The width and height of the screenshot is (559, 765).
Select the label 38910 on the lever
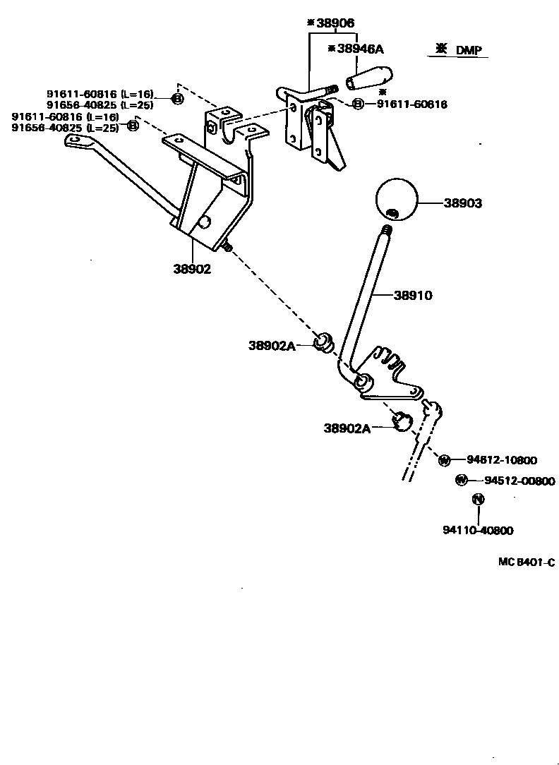pos(413,296)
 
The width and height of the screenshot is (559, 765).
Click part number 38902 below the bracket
pos(192,268)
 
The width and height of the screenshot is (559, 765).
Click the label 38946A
pos(359,49)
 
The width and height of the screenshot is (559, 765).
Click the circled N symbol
pos(478,499)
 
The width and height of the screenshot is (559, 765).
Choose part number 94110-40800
pos(478,531)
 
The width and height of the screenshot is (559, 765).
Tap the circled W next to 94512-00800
pos(461,481)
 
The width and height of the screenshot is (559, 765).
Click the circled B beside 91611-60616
pos(358,104)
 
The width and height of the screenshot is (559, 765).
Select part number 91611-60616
pos(411,104)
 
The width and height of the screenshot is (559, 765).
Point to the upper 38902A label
pos(271,345)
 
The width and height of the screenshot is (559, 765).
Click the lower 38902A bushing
pos(403,420)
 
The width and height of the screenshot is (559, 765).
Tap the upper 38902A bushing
pos(325,342)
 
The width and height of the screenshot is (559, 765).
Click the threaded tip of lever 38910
pos(386,230)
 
